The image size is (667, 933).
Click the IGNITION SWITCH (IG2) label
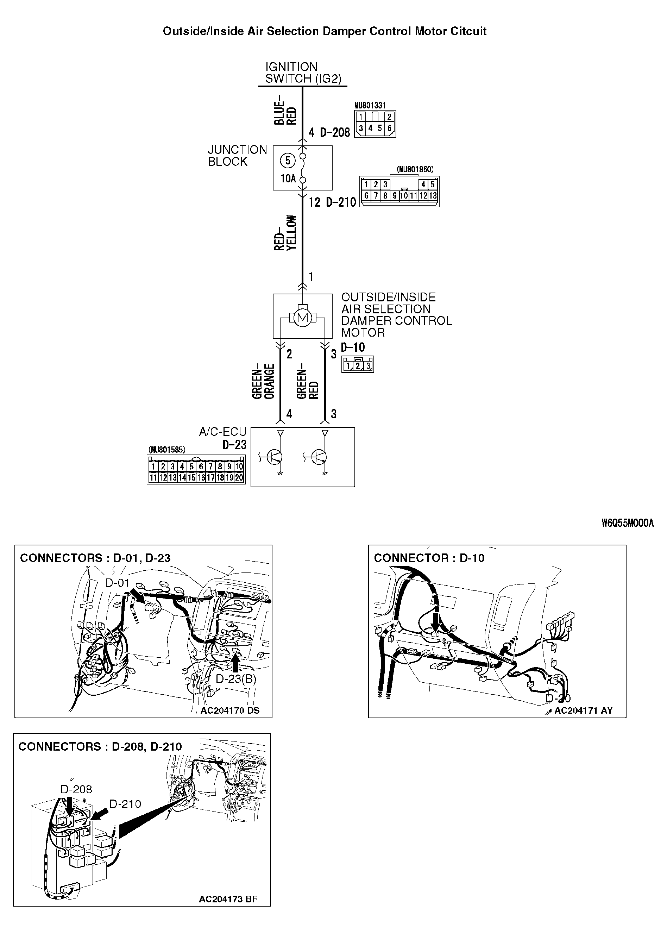point(303,73)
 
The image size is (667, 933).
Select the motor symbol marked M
point(303,317)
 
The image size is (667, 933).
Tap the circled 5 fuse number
point(288,161)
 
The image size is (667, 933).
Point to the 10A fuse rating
point(288,178)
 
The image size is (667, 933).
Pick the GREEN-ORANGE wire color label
point(263,381)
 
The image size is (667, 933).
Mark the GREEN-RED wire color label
point(308,384)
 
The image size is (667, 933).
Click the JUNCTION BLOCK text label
point(237,156)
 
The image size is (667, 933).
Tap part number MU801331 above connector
point(370,106)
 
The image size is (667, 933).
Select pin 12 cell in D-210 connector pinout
point(423,196)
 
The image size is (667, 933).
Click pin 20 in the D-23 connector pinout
point(239,477)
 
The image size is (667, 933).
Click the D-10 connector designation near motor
point(352,347)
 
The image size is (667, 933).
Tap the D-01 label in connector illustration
point(117,583)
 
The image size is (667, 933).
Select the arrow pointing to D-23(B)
point(235,662)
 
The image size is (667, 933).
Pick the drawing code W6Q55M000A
point(628,523)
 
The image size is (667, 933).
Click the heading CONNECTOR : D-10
point(429,558)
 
